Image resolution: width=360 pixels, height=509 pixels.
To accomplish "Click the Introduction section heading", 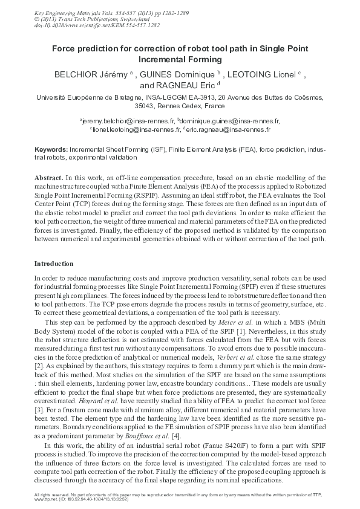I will pyautogui.click(x=54, y=264).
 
